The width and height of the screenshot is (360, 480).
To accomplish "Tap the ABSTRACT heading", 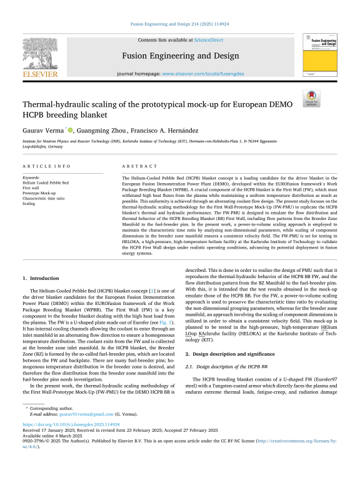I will pos(135,167).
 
